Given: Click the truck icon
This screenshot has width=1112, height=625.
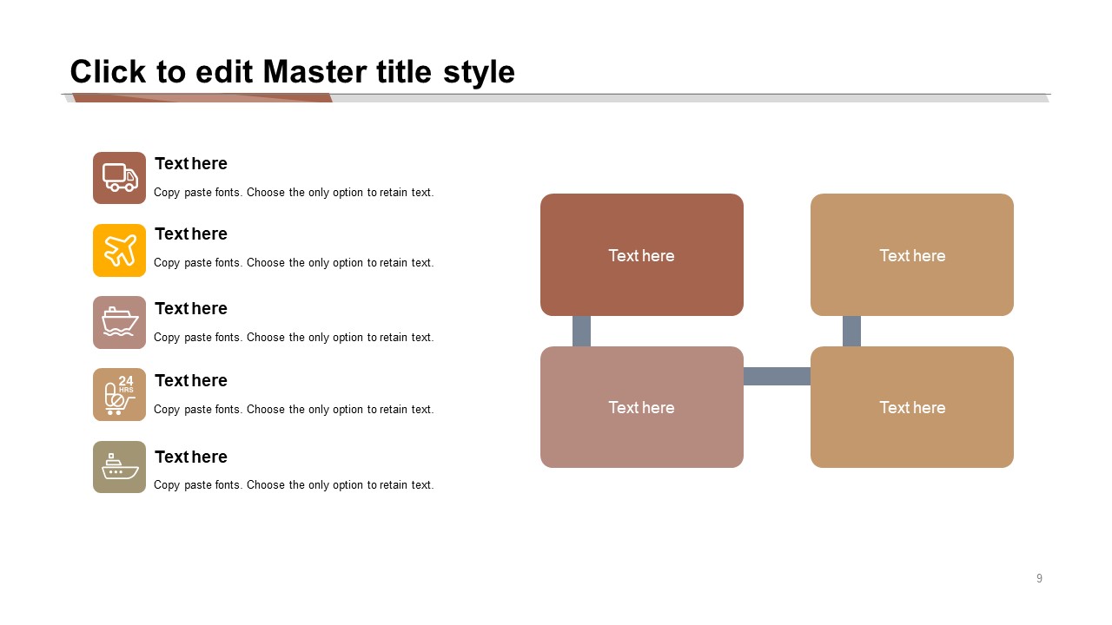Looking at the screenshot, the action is click(119, 178).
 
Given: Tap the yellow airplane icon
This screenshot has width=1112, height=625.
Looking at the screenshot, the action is click(119, 250).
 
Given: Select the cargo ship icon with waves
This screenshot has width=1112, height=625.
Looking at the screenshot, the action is click(119, 322).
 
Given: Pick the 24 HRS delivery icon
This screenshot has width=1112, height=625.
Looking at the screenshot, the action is click(119, 394).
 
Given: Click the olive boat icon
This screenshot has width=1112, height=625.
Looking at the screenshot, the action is click(119, 467).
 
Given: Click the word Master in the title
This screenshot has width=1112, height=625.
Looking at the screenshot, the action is click(315, 72).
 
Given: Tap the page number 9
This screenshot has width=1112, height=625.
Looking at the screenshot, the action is click(1039, 578).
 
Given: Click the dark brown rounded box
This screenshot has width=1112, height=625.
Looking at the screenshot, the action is click(641, 254).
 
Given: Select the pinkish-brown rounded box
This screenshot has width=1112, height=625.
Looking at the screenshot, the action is click(641, 407).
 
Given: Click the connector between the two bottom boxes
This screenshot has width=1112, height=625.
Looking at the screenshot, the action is click(777, 376).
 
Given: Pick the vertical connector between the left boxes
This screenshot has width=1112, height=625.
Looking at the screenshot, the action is click(581, 331).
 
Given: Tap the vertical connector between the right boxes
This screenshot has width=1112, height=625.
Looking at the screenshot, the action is click(851, 331).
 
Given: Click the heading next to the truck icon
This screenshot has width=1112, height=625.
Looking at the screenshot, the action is click(190, 164).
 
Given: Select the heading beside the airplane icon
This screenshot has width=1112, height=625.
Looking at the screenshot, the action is click(190, 234).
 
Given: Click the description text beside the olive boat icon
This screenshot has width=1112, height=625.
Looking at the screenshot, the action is click(294, 484).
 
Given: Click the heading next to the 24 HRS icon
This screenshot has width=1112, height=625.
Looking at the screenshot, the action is click(190, 380).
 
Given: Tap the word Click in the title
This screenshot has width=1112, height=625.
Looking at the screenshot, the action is click(108, 72).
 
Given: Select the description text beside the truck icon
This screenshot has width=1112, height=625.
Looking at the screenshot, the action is click(294, 193).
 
